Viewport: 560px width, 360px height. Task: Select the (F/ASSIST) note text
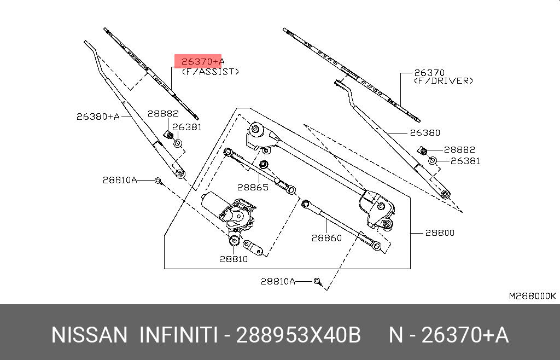(x=211, y=71)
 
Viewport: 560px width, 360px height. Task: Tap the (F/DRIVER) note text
(x=444, y=80)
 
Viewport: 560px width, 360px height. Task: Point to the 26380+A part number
(x=97, y=116)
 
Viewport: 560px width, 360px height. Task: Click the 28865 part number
(x=253, y=187)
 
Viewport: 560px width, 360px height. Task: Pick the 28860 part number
(x=326, y=237)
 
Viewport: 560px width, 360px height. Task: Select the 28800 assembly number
(x=440, y=233)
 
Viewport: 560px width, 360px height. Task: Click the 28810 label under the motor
(x=234, y=258)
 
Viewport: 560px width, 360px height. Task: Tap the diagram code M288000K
(x=532, y=296)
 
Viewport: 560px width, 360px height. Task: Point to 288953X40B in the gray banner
(x=298, y=335)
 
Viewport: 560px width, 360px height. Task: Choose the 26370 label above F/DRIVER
(x=429, y=72)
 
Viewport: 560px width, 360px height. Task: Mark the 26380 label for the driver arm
(x=425, y=132)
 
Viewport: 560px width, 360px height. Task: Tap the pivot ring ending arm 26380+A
(x=179, y=173)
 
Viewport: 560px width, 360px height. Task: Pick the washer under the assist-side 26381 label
(x=178, y=143)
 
